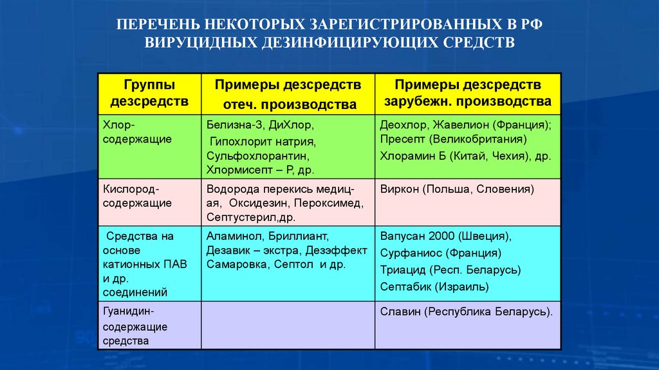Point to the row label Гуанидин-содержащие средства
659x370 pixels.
pos(135,326)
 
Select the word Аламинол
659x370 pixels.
pos(232,235)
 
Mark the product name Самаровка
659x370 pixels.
pos(237,264)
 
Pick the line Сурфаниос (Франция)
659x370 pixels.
pos(440,253)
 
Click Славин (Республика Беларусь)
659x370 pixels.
pos(466,311)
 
